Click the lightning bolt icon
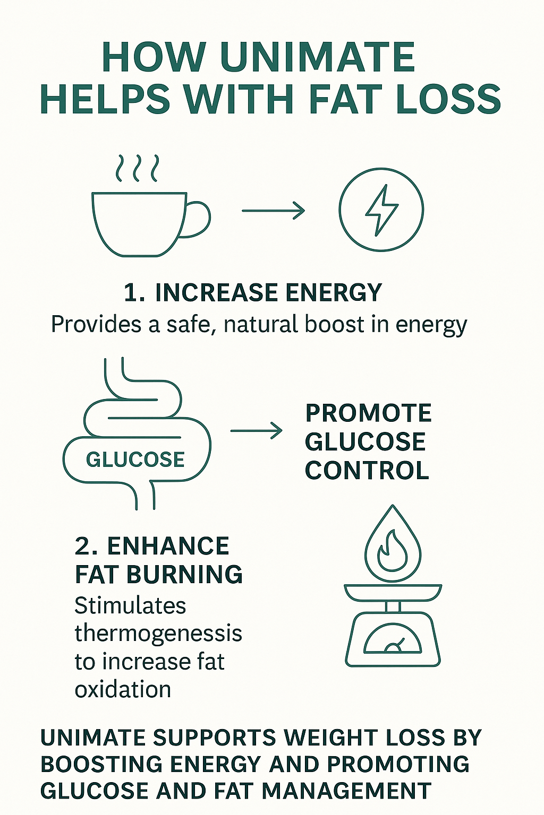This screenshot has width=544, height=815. coord(381,210)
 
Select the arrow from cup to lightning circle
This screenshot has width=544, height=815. coord(273,211)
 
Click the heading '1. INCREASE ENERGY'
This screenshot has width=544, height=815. coord(253,292)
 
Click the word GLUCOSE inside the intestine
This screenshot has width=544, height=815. coord(135,459)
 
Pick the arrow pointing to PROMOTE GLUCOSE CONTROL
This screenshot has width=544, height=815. coord(256,430)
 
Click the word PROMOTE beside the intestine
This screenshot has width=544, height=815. coord(368,413)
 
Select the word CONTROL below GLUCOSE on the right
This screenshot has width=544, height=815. coord(367,471)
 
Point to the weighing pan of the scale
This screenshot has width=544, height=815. coord(393,592)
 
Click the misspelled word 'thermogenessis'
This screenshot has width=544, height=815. coord(158,633)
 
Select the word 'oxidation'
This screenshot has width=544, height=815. coord(123,689)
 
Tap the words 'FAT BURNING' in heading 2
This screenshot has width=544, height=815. coord(159,574)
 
